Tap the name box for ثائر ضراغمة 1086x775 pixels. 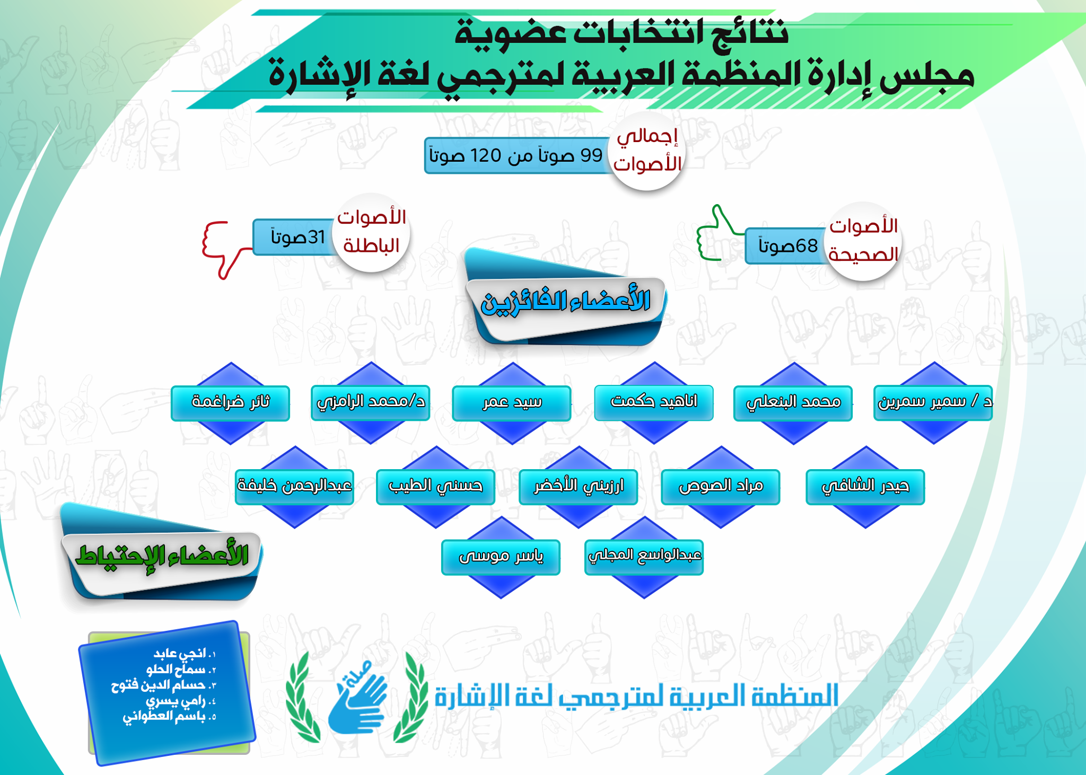(x=230, y=403)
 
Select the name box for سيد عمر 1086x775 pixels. (x=511, y=403)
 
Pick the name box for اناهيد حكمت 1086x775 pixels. (x=653, y=403)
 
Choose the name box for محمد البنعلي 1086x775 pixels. (x=793, y=403)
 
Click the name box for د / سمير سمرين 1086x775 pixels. (x=933, y=403)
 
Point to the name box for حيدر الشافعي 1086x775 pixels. (x=865, y=487)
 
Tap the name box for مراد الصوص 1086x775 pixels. (x=720, y=487)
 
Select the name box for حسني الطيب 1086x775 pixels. (x=435, y=487)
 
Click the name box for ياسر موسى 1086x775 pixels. (x=501, y=557)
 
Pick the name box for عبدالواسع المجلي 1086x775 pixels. (x=644, y=557)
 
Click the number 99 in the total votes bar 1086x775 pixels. (x=591, y=155)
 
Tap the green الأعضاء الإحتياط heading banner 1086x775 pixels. (x=161, y=556)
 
